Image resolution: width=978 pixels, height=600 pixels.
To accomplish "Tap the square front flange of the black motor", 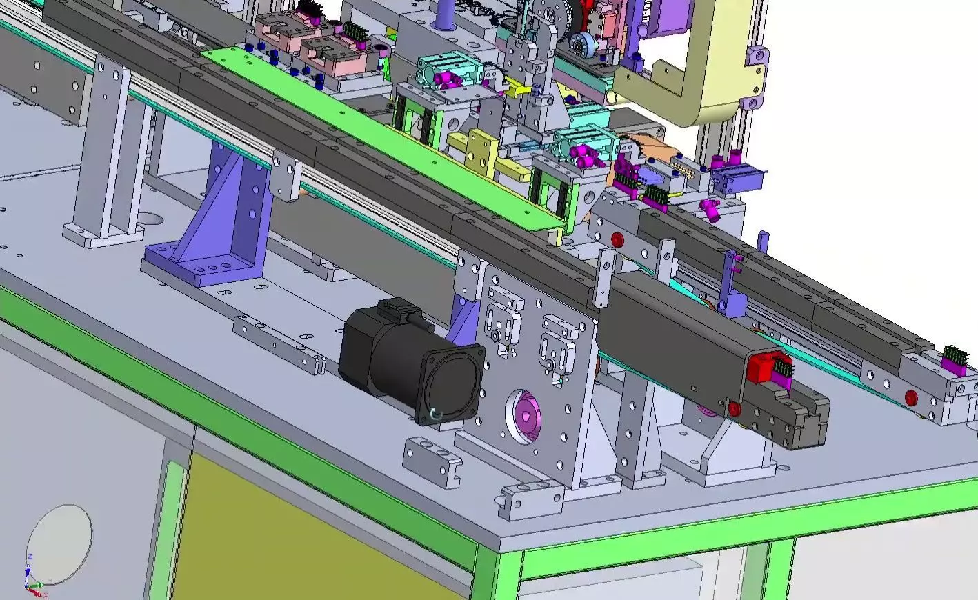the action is (x=452, y=383).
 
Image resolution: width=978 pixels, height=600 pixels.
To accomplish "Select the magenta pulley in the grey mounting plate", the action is (x=523, y=414).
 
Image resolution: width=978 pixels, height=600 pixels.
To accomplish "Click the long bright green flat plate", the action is (x=386, y=138).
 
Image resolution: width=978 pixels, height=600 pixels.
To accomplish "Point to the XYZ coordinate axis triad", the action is (x=31, y=576).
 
